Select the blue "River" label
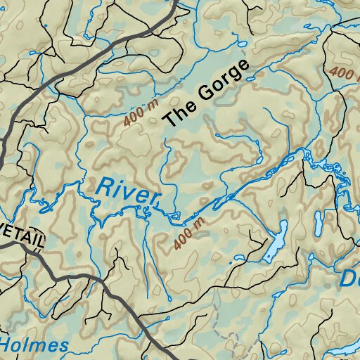click(122, 191)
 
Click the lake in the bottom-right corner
click(345, 349)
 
